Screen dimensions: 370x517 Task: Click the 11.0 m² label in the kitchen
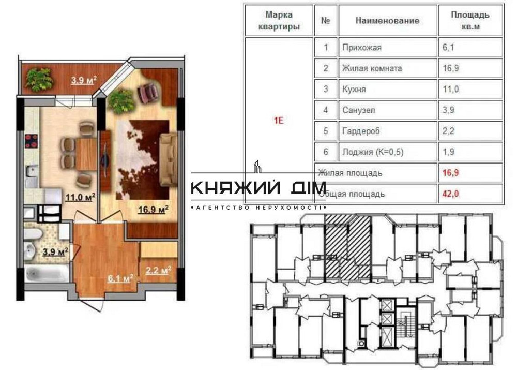pyautogui.click(x=79, y=197)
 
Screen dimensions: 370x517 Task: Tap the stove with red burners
pyautogui.click(x=32, y=141)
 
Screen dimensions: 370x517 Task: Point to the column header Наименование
pyautogui.click(x=387, y=21)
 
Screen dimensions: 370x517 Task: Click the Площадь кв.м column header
pyautogui.click(x=470, y=21)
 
